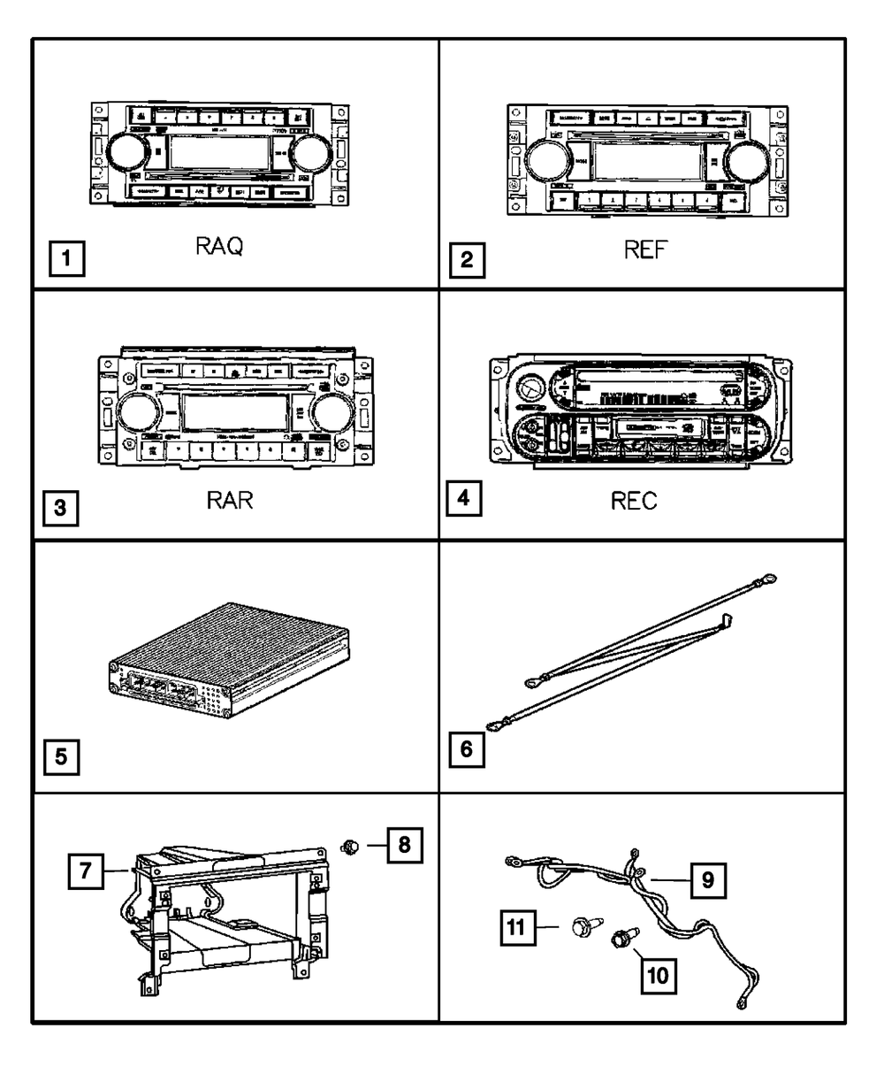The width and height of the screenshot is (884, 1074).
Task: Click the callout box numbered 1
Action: pos(66,262)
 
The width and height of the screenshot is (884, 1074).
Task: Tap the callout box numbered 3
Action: pos(59,508)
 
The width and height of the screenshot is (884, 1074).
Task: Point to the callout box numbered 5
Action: pos(59,757)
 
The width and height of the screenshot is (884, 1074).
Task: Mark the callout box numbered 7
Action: pos(85,871)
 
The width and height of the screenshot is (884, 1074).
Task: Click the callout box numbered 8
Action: pos(404,845)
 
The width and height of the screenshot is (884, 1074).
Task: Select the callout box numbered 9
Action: pos(708,880)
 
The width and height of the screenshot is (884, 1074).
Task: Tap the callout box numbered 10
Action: pos(658,977)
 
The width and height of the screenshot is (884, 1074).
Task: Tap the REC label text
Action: pos(634,502)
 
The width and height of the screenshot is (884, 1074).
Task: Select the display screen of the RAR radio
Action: pos(233,411)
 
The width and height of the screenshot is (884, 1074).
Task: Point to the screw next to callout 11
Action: pos(581,927)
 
